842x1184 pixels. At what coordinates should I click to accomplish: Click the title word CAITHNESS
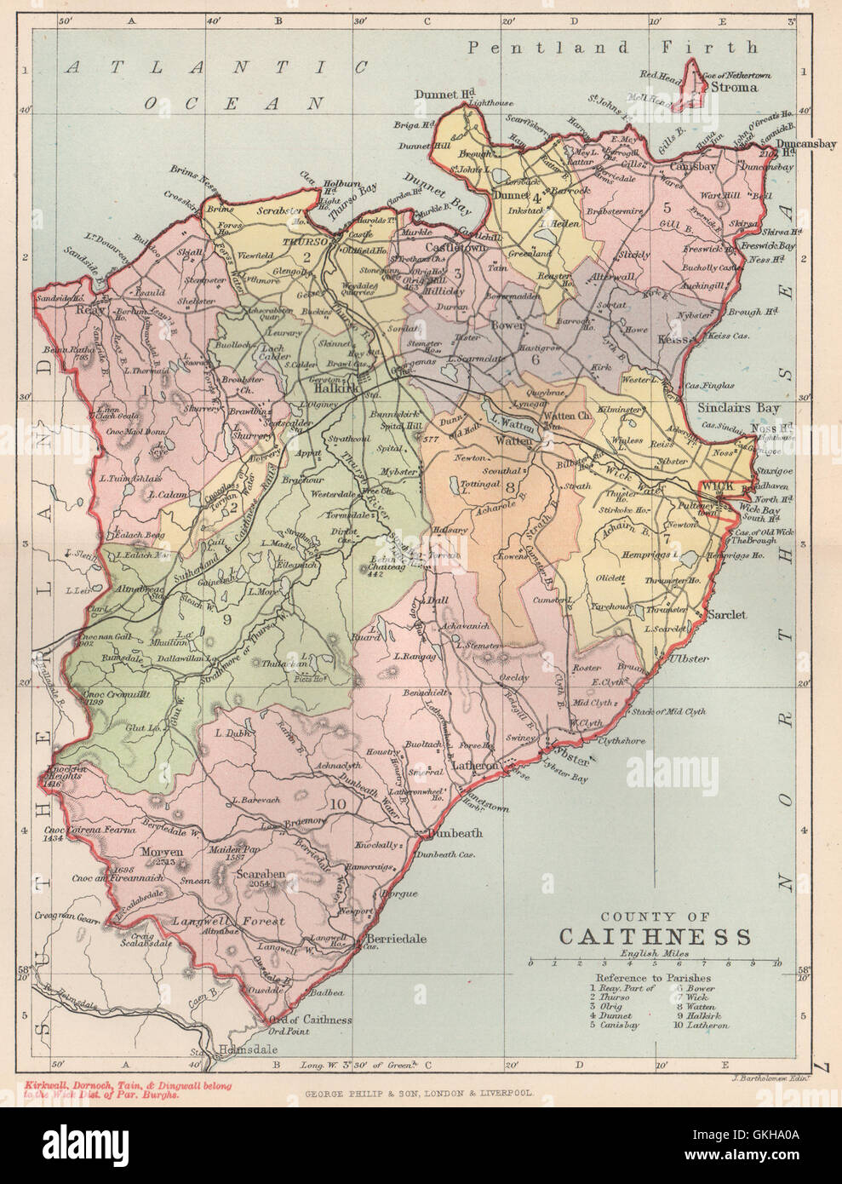(655, 937)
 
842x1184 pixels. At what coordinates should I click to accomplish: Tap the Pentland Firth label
(612, 48)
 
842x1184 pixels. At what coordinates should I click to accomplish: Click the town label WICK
(713, 485)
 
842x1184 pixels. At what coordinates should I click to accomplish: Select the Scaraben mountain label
(263, 875)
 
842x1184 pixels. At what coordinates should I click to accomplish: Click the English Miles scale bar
(654, 963)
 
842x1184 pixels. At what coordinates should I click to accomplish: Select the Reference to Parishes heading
(653, 977)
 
